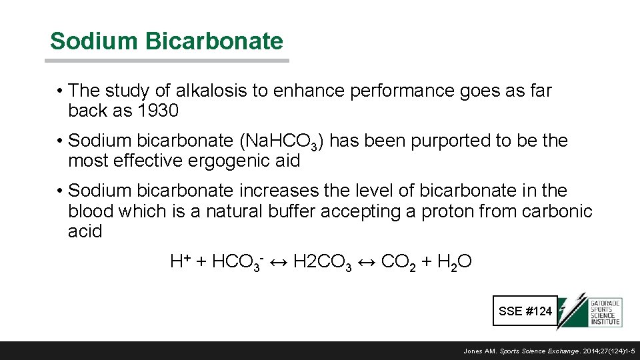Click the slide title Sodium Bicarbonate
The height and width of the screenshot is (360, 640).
(x=166, y=41)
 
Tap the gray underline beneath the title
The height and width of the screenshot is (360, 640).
(x=167, y=61)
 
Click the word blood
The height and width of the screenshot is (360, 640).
(x=91, y=211)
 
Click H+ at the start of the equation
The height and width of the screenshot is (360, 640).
(x=180, y=262)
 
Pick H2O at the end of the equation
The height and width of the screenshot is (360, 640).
(x=455, y=262)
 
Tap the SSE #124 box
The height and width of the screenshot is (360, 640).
(x=525, y=311)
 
